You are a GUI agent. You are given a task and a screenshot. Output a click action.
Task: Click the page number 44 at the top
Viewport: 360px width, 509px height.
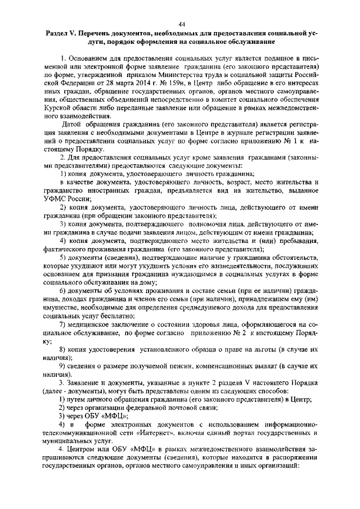click(182, 23)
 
